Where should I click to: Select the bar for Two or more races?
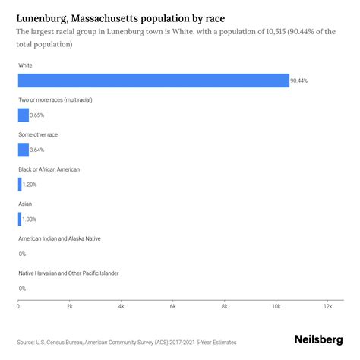23,115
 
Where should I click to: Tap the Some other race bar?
23,150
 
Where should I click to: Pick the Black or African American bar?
20,185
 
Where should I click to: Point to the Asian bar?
20,219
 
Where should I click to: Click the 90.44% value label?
300,81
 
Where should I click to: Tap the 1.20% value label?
30,185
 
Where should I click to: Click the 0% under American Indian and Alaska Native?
22,254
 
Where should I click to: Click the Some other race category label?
49,134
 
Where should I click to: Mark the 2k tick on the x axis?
70,306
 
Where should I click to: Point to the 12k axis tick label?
327,306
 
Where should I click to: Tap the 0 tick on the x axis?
18,306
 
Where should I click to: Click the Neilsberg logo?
318,340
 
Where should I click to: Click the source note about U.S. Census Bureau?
122,343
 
